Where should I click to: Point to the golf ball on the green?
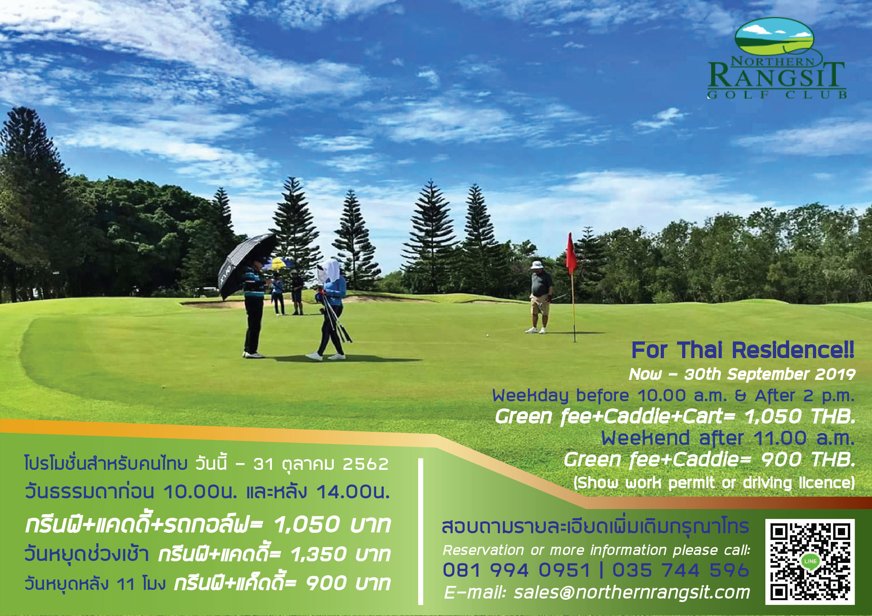pyautogui.click(x=487, y=335)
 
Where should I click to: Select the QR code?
pyautogui.click(x=810, y=562)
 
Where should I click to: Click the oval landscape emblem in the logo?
pyautogui.click(x=774, y=38)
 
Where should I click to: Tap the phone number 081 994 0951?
pyautogui.click(x=516, y=570)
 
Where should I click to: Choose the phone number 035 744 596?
pyautogui.click(x=681, y=570)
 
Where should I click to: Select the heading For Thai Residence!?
pyautogui.click(x=742, y=350)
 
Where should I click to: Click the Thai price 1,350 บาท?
pyautogui.click(x=340, y=554)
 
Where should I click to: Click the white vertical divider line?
pyautogui.click(x=421, y=532)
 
